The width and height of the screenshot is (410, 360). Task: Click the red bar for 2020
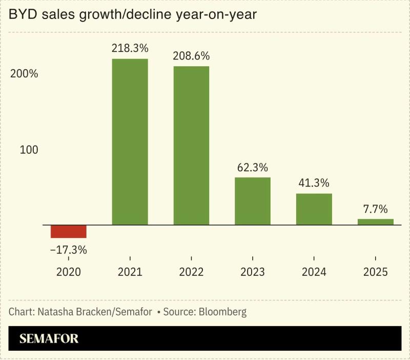coord(68,231)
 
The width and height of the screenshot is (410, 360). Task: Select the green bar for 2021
coord(130,142)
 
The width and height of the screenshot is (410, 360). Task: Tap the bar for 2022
coord(191,146)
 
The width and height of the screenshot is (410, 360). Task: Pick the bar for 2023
coord(253,201)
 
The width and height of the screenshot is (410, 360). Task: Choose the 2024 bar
coord(314,209)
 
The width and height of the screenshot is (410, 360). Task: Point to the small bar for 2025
coord(376,222)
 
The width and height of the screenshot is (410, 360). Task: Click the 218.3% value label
coord(130,49)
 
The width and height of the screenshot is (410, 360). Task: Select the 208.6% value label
coord(191,56)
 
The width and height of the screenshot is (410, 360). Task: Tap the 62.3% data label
coord(253,167)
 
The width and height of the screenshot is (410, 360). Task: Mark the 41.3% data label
coord(314,183)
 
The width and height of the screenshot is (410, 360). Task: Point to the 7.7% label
coord(376,209)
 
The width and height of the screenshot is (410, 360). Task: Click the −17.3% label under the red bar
coord(68,250)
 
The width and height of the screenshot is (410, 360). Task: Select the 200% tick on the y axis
coord(25,73)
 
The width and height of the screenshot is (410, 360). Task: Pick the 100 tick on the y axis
coord(29,150)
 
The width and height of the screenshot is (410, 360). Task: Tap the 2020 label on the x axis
coord(68,272)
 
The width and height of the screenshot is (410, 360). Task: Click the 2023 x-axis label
coord(253,272)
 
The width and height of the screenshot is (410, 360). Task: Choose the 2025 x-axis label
coord(376,272)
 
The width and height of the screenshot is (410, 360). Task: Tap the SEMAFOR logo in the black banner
coord(49,338)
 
